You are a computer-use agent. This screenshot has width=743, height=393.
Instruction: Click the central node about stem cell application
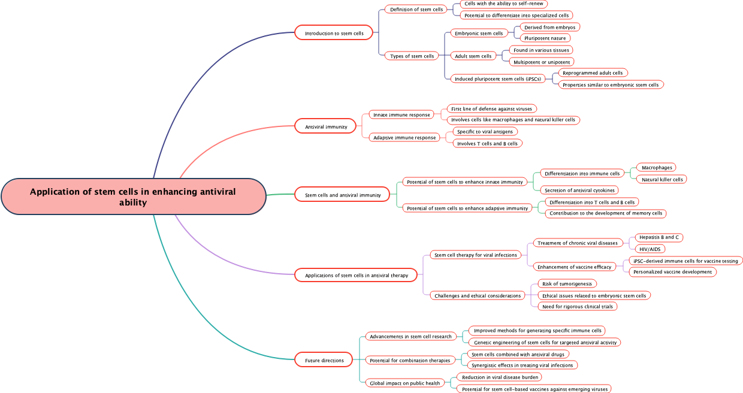coord(133,196)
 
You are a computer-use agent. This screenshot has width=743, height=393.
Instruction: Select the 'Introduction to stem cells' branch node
coord(334,33)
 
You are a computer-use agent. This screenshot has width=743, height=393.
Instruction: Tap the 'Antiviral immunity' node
coord(326,126)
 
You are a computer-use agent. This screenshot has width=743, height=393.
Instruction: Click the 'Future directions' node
coord(324,360)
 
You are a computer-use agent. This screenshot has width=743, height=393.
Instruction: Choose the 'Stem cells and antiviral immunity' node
coord(343,195)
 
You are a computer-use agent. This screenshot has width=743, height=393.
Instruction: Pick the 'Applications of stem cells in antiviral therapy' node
coord(356,275)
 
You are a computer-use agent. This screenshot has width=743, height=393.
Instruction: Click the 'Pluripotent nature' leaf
coord(545,38)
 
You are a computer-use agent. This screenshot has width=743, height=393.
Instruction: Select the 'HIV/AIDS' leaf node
coord(650,249)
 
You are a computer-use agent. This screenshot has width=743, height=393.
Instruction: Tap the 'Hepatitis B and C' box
coord(659,237)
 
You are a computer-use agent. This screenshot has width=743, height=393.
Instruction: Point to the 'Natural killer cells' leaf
coord(662,179)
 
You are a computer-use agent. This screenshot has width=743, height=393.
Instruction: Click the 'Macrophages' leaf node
coord(656,167)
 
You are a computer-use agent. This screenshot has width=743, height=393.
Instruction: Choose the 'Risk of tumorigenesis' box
coord(567,283)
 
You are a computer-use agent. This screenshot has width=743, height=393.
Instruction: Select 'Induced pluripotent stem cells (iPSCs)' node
coord(497,78)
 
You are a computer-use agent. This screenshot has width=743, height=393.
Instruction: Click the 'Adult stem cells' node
coord(473,56)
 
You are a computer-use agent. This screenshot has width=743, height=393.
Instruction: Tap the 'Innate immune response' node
coord(401,114)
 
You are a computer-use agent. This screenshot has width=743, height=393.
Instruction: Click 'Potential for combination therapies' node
coord(410,360)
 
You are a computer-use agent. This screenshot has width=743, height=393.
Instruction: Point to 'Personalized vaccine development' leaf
coord(672,271)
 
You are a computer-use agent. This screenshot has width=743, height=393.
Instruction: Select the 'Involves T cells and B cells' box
coord(487,143)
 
